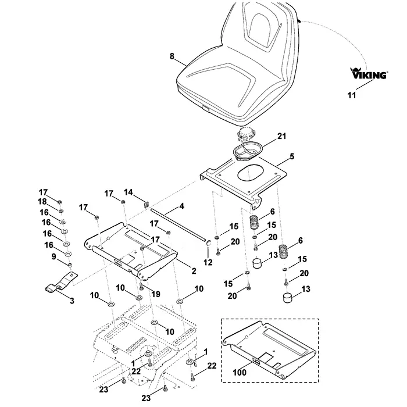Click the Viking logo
(369, 73)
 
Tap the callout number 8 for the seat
(172, 56)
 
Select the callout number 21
(281, 136)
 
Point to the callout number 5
(292, 156)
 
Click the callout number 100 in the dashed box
(240, 373)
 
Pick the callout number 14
(128, 192)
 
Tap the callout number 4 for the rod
(181, 206)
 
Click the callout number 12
(208, 262)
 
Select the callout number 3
(72, 301)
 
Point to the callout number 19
(156, 294)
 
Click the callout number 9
(53, 256)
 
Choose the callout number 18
(42, 201)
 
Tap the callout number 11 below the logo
(352, 95)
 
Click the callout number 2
(194, 271)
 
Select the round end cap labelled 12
(209, 244)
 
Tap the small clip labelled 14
(146, 204)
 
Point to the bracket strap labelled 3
(61, 282)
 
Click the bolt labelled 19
(141, 286)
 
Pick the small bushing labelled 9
(70, 265)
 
